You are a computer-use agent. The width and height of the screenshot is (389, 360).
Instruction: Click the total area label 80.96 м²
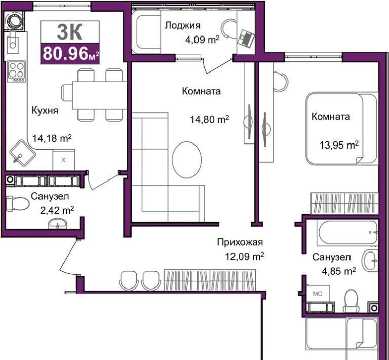[70, 54]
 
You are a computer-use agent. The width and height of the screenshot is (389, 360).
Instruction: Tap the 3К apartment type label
[69, 32]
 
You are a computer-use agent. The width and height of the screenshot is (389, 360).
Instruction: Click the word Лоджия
[182, 25]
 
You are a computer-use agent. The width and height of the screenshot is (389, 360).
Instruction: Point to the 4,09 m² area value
[202, 39]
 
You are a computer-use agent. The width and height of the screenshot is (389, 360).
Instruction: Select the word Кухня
[45, 110]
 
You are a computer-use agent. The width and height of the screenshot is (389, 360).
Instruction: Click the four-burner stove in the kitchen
[17, 71]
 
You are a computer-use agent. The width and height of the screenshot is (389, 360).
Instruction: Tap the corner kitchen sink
[23, 153]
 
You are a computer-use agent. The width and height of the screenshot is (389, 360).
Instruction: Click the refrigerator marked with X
[63, 160]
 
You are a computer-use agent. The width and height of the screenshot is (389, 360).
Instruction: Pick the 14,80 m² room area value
[209, 120]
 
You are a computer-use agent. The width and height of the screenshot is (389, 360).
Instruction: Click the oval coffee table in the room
[187, 160]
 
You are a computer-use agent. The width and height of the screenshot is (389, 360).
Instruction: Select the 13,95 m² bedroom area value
[339, 145]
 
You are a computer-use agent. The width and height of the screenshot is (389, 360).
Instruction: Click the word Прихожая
[240, 242]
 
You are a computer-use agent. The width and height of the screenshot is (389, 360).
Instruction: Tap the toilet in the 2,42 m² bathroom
[17, 204]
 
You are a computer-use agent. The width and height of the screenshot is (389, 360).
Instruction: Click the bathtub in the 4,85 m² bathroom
[348, 233]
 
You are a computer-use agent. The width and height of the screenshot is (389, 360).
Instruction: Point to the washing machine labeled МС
[318, 294]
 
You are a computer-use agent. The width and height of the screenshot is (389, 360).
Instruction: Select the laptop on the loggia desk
[246, 38]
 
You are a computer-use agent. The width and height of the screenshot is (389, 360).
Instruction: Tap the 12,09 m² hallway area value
[244, 256]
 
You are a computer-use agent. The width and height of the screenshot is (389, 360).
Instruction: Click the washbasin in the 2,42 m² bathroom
[57, 223]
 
